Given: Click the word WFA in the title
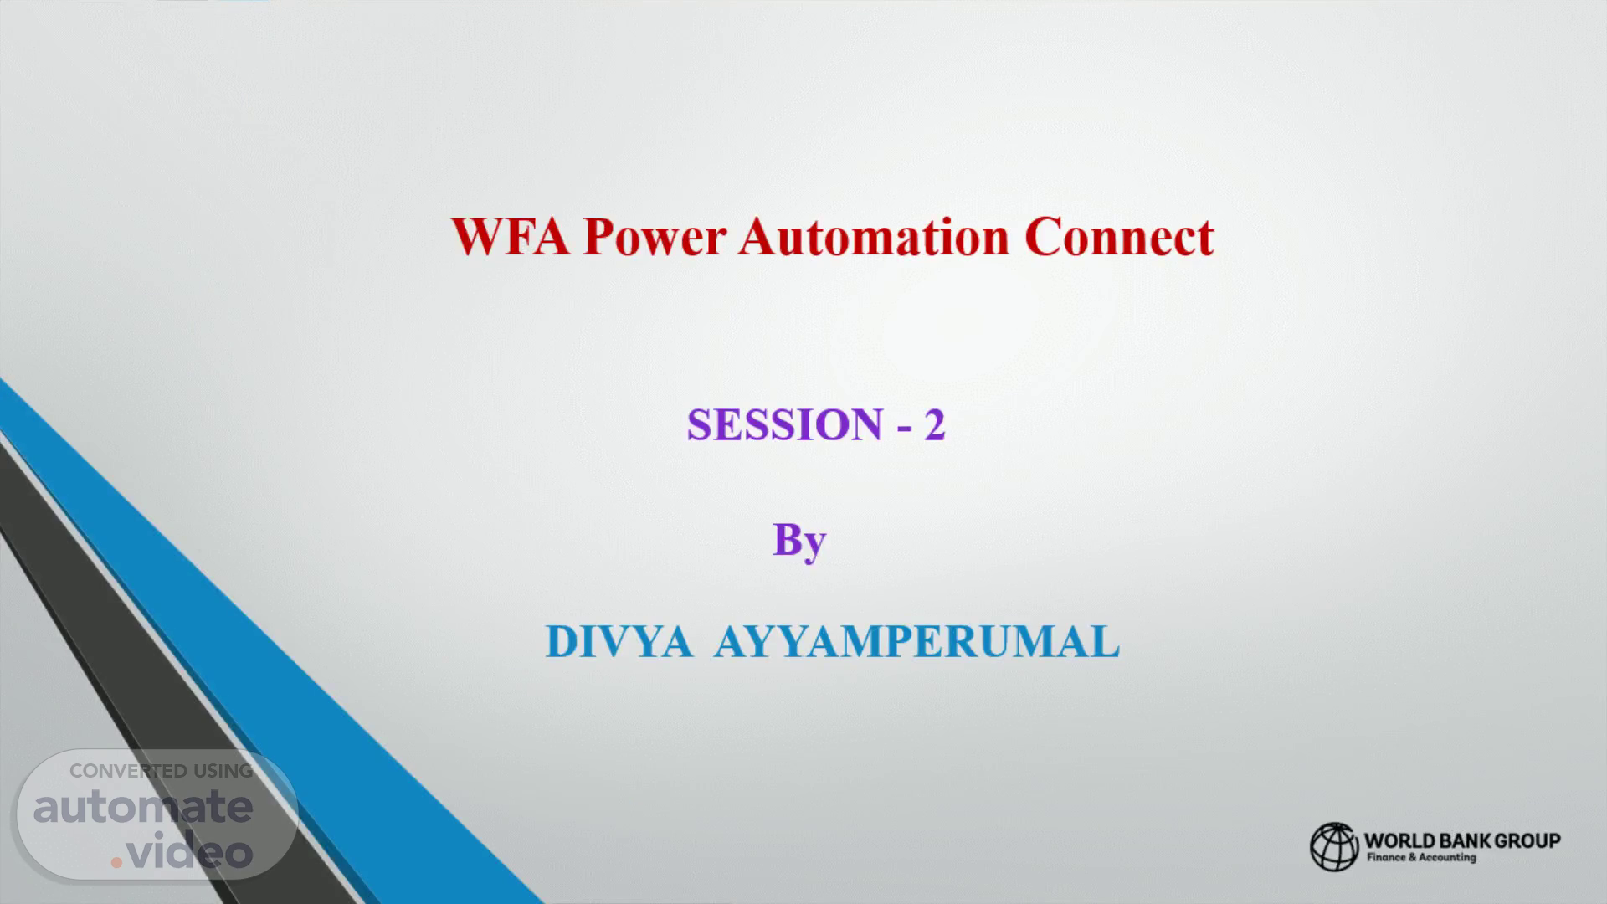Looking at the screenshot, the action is point(511,237).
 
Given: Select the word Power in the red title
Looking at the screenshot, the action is point(655,237).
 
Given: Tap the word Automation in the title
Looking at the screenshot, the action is point(875,237).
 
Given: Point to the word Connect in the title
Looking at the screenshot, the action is point(1119,237).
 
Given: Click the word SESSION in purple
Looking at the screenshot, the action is point(784,424).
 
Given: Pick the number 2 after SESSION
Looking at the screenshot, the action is point(935,424).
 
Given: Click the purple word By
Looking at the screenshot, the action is point(799,542).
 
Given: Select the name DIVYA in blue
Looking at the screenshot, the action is point(619,642).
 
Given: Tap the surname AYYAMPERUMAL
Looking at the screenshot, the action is point(916,642).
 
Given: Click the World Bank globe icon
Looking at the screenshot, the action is point(1334,846).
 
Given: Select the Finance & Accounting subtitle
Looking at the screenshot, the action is point(1421,858).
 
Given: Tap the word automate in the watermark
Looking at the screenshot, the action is point(143,807).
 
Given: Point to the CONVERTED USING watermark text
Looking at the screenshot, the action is point(161,771).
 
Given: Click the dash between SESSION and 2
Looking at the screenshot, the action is point(904,428).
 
